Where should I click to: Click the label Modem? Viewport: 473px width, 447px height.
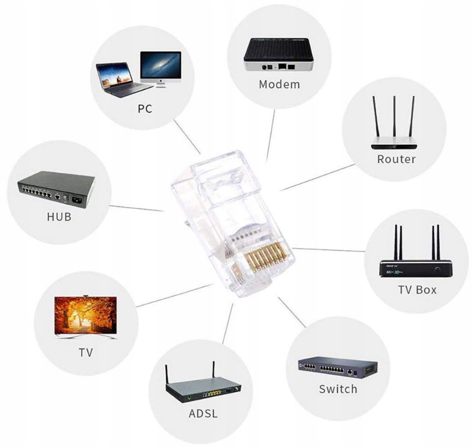coord(279,84)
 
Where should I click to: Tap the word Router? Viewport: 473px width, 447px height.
coord(396,159)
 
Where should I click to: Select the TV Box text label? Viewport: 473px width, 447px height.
coord(417,289)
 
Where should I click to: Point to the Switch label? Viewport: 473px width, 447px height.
coord(338,389)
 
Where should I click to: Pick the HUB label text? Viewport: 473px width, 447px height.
coord(58,217)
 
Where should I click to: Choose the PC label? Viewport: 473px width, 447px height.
coord(145,109)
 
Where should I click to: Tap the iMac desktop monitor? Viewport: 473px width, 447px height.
coord(160,69)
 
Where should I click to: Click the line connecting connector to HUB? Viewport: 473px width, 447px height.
coord(137,207)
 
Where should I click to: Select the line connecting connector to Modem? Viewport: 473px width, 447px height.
coord(271,134)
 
